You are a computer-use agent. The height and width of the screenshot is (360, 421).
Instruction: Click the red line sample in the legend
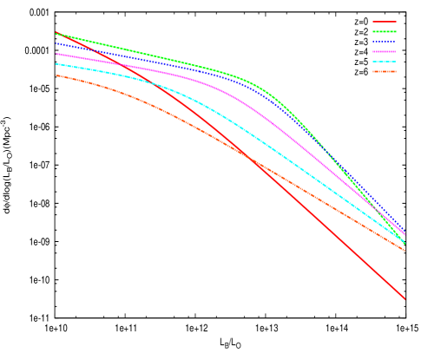coord(385,21)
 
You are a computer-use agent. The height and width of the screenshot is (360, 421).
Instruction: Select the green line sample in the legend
coord(385,31)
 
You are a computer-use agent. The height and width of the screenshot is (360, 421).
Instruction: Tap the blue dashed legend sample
coord(385,42)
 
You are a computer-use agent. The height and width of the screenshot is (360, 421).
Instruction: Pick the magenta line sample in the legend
coord(385,51)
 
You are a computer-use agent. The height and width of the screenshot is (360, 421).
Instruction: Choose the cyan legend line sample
coord(385,62)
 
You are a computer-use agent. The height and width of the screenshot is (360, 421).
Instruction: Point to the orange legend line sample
coord(385,71)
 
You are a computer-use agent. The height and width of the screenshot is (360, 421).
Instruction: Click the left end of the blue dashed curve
coord(56,43)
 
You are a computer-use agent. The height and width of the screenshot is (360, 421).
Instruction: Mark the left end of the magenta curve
coord(56,54)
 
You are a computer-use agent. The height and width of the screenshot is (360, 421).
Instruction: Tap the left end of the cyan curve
coord(56,64)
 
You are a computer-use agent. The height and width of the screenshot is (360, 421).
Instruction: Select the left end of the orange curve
coord(56,75)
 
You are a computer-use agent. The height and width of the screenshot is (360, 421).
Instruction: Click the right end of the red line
coord(405,299)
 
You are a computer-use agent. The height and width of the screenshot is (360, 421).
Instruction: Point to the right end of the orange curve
coord(405,250)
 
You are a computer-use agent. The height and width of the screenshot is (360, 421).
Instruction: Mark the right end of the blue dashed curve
coord(405,230)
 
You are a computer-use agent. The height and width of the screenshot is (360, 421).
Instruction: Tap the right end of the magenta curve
coord(405,234)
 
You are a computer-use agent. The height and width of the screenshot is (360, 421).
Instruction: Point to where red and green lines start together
coord(56,33)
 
